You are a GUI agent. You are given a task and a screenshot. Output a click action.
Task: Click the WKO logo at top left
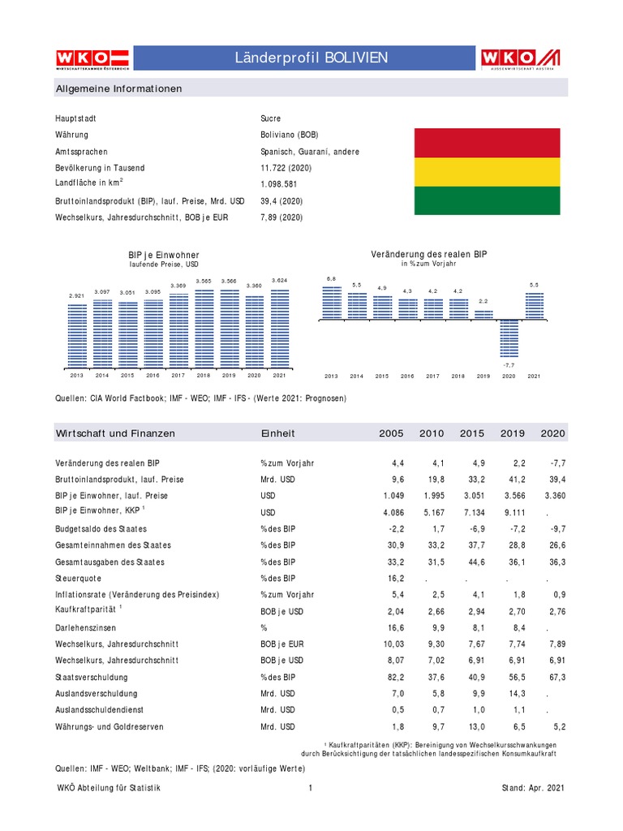click(x=92, y=58)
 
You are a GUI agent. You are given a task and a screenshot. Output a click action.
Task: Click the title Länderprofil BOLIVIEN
click(x=311, y=58)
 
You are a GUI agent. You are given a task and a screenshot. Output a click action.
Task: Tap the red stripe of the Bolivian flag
click(x=487, y=143)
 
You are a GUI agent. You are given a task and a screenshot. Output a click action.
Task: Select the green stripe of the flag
click(x=487, y=200)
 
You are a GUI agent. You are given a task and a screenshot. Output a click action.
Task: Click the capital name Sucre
click(x=271, y=118)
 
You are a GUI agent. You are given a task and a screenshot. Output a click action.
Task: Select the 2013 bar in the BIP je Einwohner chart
click(x=77, y=334)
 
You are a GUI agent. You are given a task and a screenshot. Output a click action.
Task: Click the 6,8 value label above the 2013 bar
click(x=331, y=279)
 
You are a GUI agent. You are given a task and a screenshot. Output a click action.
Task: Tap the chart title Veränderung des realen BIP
click(x=429, y=255)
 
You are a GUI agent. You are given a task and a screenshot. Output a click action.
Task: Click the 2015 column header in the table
click(x=472, y=433)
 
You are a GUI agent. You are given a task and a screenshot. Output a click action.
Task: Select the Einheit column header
click(x=277, y=433)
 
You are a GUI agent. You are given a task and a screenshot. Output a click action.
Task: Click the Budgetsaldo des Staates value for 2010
click(x=435, y=528)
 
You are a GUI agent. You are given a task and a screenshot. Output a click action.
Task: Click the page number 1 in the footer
click(x=311, y=788)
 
